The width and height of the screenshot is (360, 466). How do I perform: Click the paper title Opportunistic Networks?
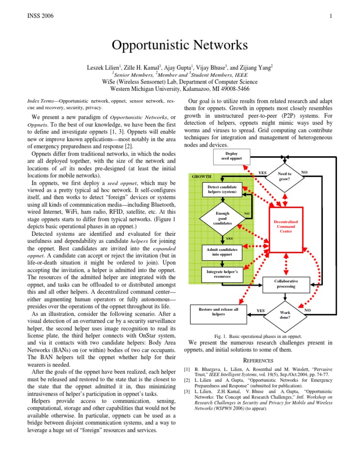tap(180, 47)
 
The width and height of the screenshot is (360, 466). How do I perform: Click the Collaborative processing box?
tap(286, 283)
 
